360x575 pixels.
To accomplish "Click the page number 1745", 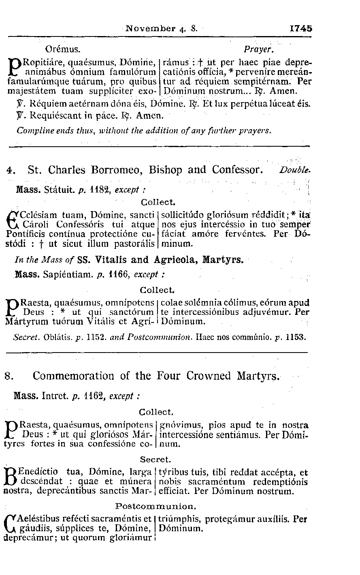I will [301, 29].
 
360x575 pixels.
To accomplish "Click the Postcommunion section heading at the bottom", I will [156, 506].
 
